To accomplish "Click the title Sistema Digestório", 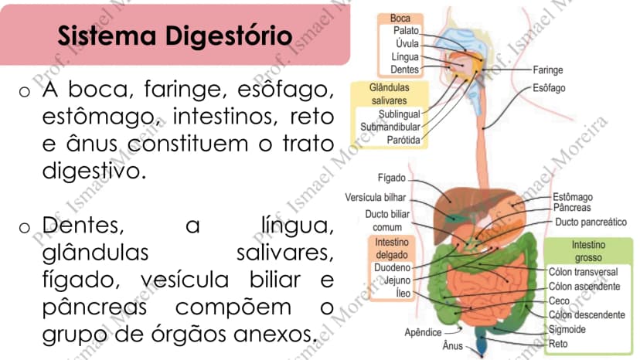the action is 175,36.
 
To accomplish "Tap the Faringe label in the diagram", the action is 548,70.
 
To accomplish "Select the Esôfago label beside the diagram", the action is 549,88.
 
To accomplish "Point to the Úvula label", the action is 407,43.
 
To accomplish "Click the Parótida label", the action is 403,140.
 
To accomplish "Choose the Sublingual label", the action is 399,114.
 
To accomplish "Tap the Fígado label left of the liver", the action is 391,178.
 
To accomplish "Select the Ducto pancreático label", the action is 591,222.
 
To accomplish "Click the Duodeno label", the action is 392,267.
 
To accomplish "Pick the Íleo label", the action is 403,293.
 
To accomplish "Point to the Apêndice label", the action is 423,332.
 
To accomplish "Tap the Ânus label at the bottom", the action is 453,346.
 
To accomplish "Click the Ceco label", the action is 559,301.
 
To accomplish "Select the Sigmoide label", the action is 567,329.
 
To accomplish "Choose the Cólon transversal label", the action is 583,272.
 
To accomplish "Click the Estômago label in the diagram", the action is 573,197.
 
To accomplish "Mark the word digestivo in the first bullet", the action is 94,171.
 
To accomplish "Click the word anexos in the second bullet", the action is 275,335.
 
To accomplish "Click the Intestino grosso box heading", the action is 588,251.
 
